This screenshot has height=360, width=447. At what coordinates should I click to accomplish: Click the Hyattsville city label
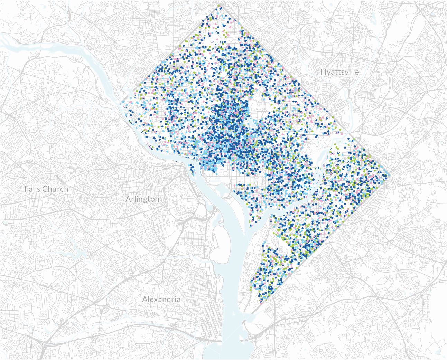pyautogui.click(x=339, y=72)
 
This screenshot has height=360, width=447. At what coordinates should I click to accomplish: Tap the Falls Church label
pyautogui.click(x=46, y=189)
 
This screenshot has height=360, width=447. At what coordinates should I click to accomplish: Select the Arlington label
pyautogui.click(x=142, y=199)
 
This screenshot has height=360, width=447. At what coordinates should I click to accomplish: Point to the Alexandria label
pyautogui.click(x=161, y=299)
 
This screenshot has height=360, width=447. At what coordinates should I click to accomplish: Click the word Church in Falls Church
pyautogui.click(x=55, y=189)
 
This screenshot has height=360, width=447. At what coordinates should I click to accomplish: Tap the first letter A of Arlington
pyautogui.click(x=128, y=199)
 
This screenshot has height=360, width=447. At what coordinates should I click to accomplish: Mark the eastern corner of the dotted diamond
pyautogui.click(x=388, y=176)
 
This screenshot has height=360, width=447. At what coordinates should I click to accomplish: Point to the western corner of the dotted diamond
pyautogui.click(x=121, y=102)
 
